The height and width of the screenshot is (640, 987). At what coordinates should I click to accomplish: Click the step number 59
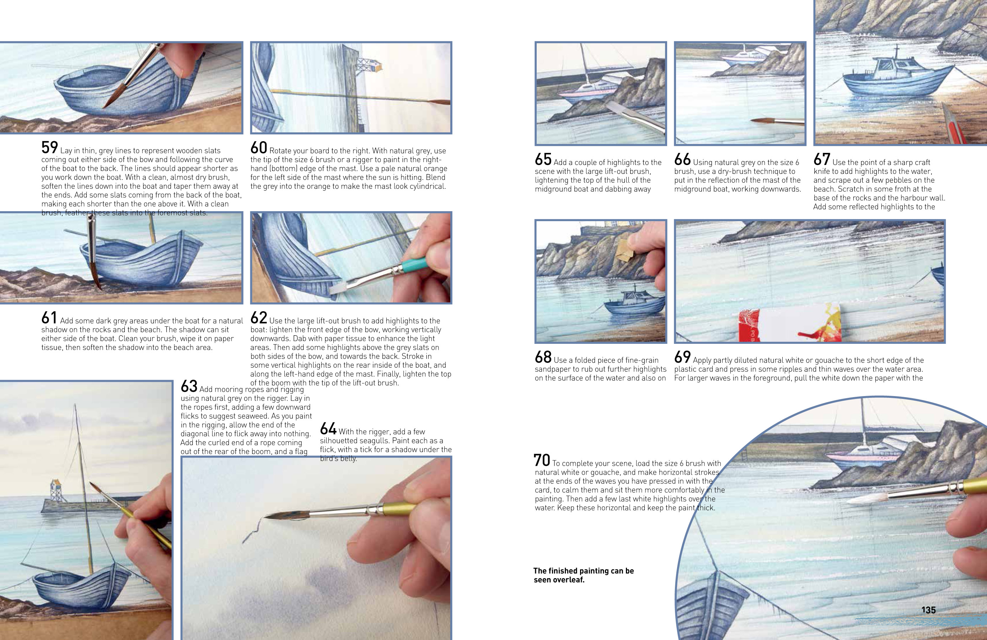(x=49, y=148)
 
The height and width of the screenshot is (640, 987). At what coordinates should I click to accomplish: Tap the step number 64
(x=328, y=428)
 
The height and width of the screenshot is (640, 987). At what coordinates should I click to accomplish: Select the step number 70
(x=542, y=460)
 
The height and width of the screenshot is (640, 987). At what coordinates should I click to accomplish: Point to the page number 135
(x=928, y=610)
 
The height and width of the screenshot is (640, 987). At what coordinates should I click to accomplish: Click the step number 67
(x=821, y=159)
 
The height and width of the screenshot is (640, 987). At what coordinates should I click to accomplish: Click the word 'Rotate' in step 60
(x=280, y=151)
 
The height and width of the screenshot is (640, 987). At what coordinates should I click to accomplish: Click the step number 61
(x=49, y=318)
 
